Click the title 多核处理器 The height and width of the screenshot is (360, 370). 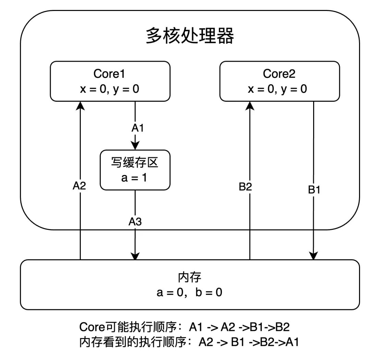coord(190,36)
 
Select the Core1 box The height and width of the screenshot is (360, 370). coord(110,81)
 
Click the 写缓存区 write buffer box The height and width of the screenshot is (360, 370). coord(135,170)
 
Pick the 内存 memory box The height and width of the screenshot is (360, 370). coord(190,285)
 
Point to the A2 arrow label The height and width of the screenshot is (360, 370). coord(79,186)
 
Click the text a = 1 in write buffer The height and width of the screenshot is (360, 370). coord(135,178)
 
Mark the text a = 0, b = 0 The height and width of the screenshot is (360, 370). coord(190,293)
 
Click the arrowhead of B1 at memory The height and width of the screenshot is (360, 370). coord(313,256)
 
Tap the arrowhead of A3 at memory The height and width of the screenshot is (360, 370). coord(135,256)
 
